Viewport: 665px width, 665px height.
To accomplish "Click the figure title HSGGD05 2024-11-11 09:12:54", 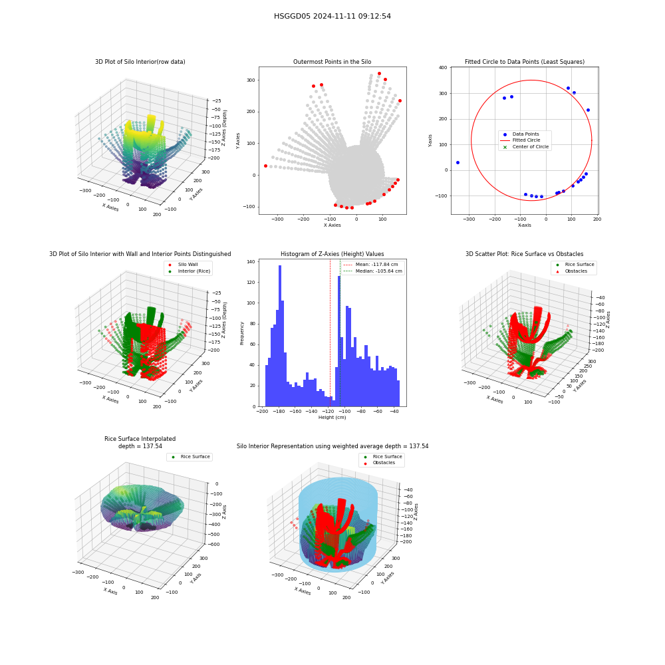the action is pos(332,16).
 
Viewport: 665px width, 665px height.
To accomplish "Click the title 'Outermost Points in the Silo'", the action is pos(332,62).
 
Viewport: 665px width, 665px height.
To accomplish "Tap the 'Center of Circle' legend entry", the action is pos(525,147).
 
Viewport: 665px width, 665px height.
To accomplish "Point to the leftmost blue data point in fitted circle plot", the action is pos(458,162).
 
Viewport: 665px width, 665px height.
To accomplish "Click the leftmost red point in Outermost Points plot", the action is pos(265,166).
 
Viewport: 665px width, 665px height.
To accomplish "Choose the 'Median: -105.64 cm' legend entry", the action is pos(372,271).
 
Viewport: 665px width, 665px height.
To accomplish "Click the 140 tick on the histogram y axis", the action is pos(251,261).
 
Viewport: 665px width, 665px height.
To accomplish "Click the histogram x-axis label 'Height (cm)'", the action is pos(332,418).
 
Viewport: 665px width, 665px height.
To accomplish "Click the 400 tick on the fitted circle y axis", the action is pos(443,67).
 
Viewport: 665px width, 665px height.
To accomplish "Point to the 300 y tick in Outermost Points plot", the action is pos(251,80).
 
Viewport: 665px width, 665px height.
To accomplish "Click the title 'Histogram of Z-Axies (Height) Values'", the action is pos(332,254).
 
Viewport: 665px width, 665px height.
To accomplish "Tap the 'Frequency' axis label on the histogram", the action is pos(242,333).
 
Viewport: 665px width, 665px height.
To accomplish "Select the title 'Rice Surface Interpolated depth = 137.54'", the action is pos(140,442).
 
